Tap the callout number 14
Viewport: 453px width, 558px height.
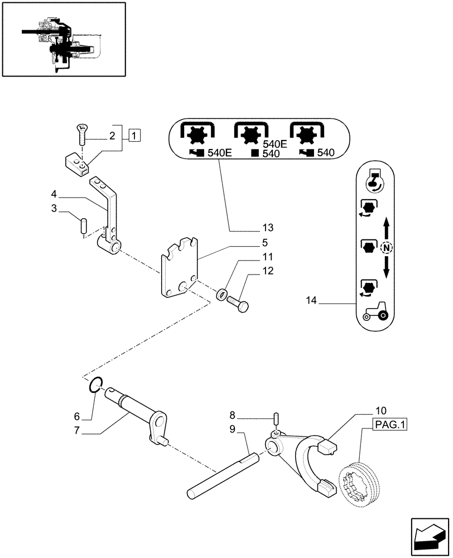(311, 301)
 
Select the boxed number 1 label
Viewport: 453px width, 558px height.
(134, 135)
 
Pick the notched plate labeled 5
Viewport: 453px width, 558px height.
(180, 268)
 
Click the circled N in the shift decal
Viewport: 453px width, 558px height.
(385, 248)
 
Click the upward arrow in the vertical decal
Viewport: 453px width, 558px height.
(385, 227)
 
